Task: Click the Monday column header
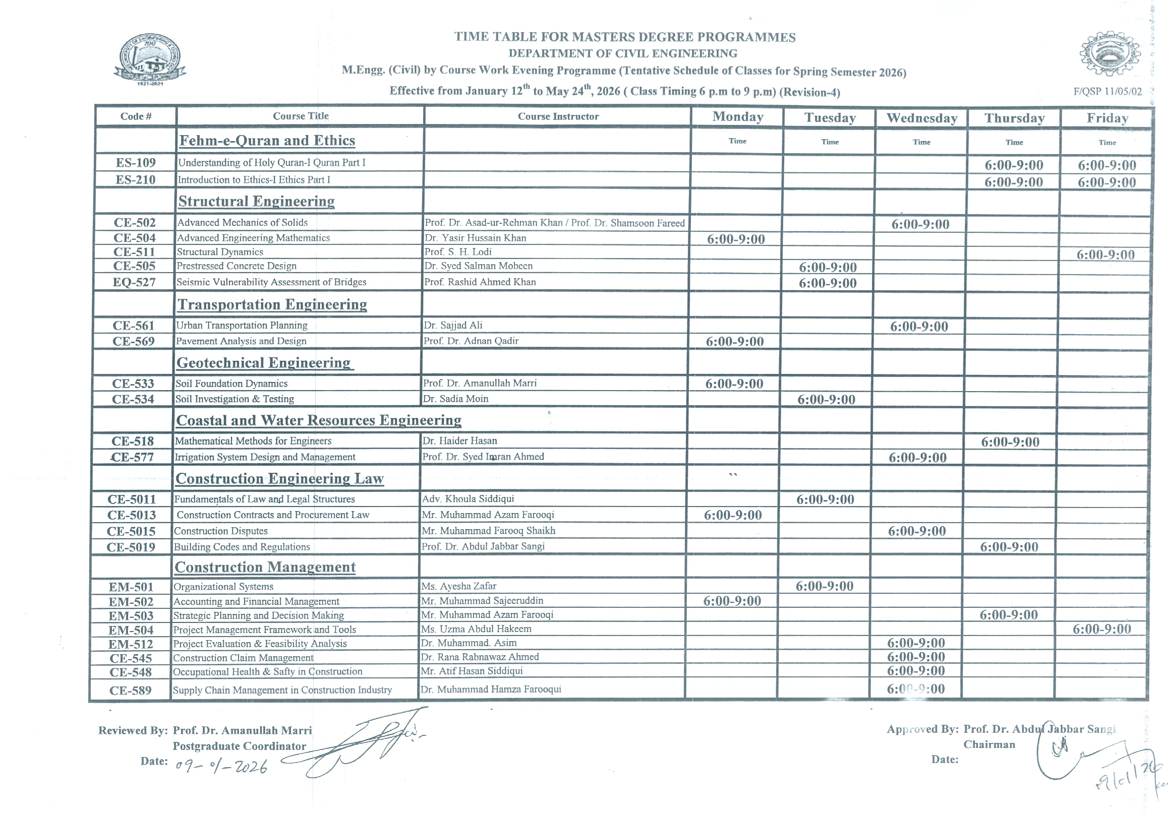(x=737, y=117)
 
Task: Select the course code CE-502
(x=134, y=223)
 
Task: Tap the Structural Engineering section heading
(x=256, y=201)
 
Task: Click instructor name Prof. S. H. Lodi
(x=458, y=252)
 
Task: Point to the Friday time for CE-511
(x=1105, y=255)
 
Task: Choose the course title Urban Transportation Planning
(x=242, y=326)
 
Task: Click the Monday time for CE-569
(x=735, y=342)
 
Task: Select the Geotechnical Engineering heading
(x=264, y=363)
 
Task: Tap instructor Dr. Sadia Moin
(x=456, y=399)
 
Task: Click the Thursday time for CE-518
(x=1010, y=443)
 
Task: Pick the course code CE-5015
(x=131, y=531)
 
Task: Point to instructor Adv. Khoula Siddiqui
(x=468, y=499)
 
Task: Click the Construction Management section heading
(x=265, y=568)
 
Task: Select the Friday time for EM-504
(x=1101, y=630)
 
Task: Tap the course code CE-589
(x=130, y=691)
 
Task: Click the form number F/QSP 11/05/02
(x=1107, y=92)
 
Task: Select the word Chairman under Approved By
(x=989, y=745)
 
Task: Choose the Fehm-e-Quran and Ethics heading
(x=267, y=141)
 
